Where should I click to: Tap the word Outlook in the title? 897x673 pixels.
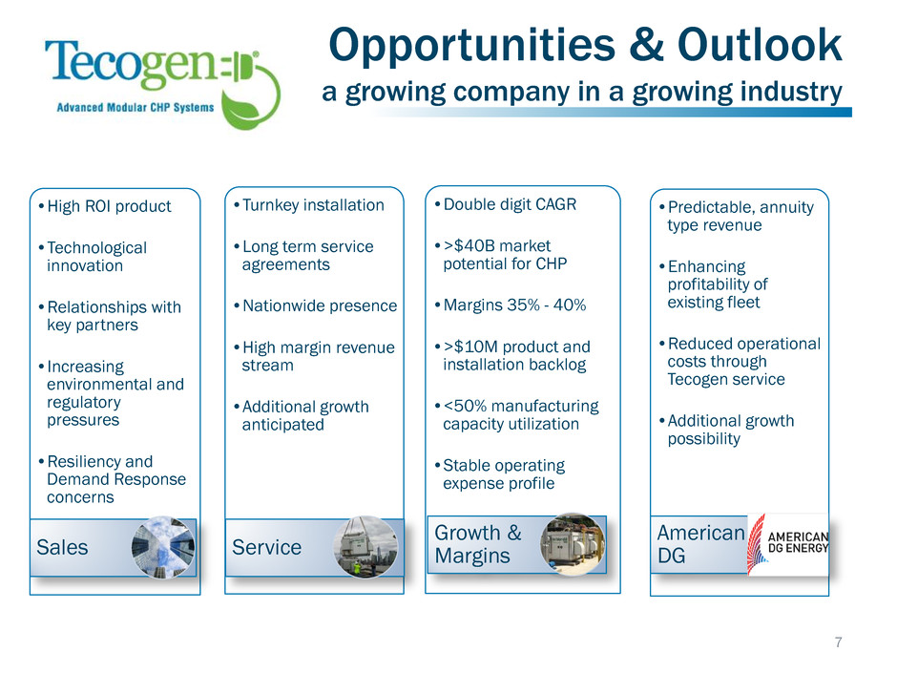point(760,45)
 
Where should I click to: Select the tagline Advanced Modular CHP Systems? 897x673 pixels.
point(135,107)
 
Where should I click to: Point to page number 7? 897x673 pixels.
point(838,642)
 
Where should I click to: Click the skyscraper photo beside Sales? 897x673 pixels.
point(163,547)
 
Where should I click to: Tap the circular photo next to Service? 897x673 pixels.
point(365,547)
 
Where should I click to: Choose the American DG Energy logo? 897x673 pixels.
point(787,544)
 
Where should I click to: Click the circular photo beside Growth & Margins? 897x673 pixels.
point(573,544)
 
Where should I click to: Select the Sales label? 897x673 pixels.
point(62,548)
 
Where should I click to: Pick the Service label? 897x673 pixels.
point(266,548)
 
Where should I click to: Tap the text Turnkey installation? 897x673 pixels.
point(313,205)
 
